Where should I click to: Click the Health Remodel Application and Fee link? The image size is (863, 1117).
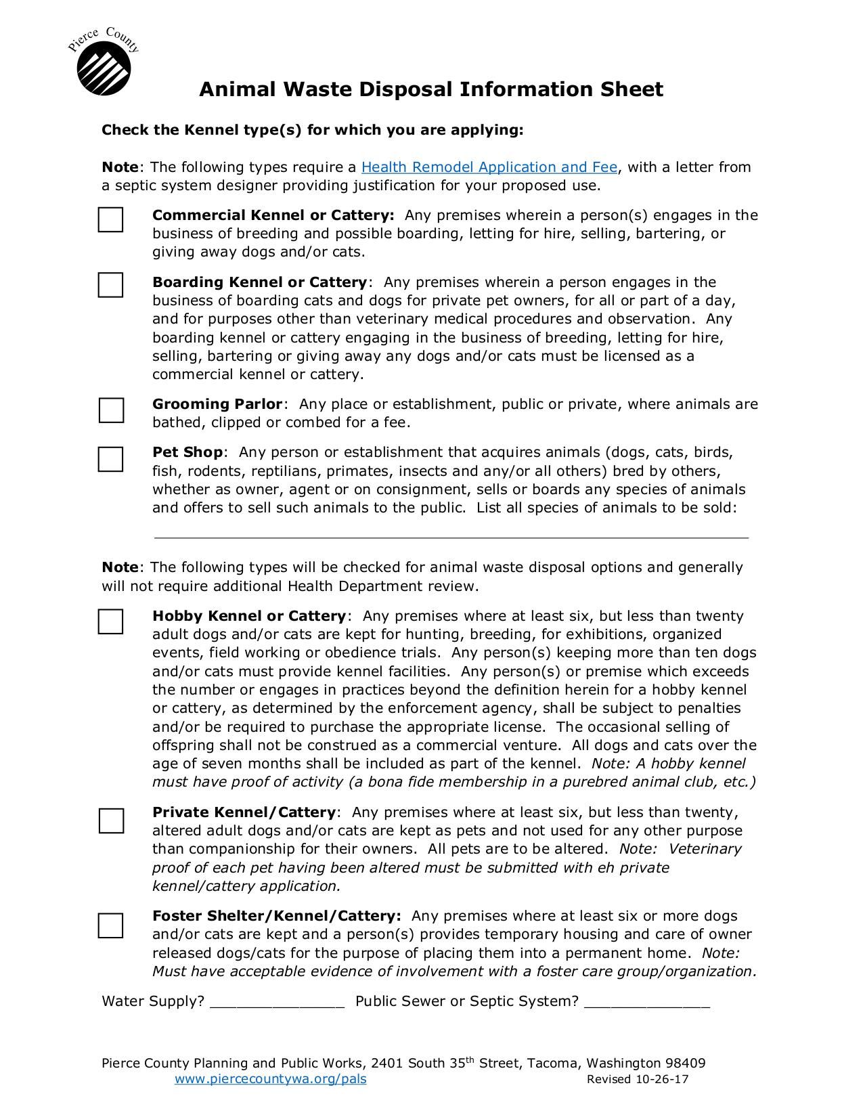(489, 167)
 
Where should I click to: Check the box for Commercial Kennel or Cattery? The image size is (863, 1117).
(110, 220)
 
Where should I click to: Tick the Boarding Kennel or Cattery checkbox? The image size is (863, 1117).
(110, 285)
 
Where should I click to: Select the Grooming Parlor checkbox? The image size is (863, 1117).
(111, 410)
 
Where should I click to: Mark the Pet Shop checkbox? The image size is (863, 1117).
(110, 459)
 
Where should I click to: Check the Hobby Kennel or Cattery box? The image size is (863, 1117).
(110, 621)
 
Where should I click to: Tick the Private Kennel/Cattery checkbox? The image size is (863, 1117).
(111, 820)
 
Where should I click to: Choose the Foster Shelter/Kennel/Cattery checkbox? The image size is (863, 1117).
(110, 925)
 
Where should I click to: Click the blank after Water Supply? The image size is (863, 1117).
(278, 1003)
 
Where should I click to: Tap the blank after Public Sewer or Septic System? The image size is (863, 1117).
(646, 1003)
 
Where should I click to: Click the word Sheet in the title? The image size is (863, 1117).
(632, 89)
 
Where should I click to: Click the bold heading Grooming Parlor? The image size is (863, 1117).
(217, 404)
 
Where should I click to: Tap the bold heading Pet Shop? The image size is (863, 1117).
(187, 452)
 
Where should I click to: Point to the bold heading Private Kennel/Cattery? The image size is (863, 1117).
(244, 812)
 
